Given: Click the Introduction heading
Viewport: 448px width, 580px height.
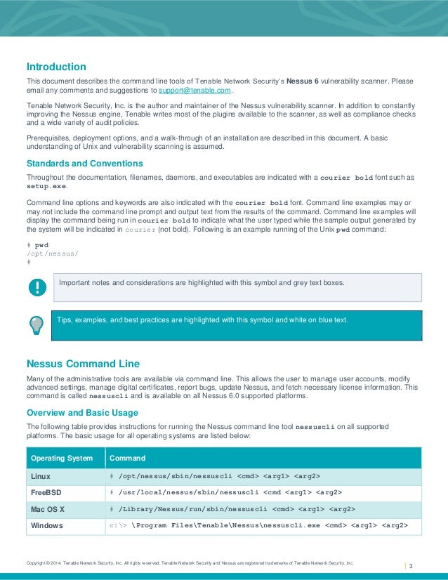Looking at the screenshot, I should [x=56, y=67].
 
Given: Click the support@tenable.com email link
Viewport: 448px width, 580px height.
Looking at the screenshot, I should [x=195, y=91].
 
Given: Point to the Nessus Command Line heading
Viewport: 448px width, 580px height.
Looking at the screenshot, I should [x=83, y=364].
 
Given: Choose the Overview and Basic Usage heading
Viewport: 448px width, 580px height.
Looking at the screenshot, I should [x=82, y=412].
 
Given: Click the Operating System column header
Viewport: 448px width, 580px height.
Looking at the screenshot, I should [x=62, y=459].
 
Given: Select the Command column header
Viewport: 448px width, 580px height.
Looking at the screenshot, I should [x=127, y=459].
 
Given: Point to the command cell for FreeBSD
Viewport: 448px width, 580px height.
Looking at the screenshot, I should [x=230, y=493].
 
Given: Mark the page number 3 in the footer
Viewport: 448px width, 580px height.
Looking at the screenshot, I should [x=411, y=566].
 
